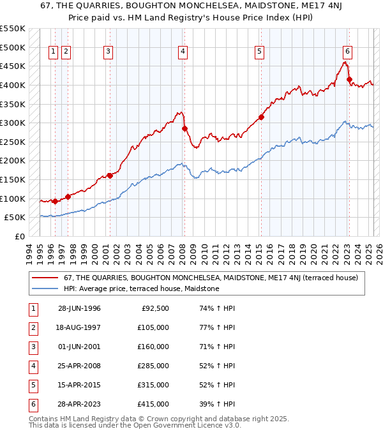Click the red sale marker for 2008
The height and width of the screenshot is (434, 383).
click(184, 128)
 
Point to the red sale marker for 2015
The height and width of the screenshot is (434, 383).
click(261, 117)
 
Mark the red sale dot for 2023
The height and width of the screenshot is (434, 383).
click(349, 79)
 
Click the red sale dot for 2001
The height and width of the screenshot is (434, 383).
click(110, 176)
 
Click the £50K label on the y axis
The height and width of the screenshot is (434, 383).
click(15, 218)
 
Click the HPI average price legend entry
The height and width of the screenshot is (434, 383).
click(141, 288)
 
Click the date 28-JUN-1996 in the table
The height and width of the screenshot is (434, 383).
click(79, 308)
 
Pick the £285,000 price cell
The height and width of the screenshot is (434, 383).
click(153, 366)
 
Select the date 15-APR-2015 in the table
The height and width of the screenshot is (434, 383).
click(79, 385)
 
